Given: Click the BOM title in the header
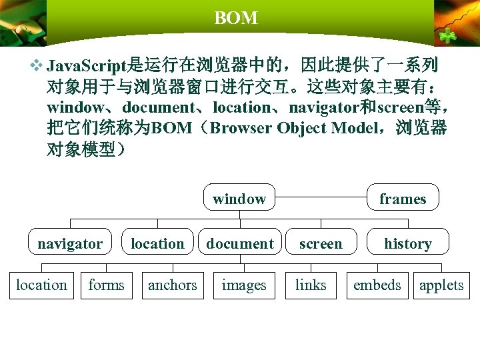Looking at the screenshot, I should pos(236,19).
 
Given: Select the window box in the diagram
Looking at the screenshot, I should pos(239,197).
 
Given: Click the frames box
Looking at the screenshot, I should pos(402,197).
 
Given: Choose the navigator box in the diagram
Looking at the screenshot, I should pos(70,243).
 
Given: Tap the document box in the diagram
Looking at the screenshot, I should pos(239,243).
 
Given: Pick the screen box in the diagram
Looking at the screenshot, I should pos(320,243).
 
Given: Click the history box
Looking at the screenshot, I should pos(407,243).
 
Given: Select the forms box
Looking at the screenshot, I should pos(106,285).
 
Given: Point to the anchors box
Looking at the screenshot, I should pos(172,285).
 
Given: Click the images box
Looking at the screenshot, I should pos(243,285).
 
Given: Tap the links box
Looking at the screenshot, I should pos(311,285).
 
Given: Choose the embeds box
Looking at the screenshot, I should pos(377,285).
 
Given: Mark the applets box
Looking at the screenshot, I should pos(441,285).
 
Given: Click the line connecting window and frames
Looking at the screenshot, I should pos(321,197).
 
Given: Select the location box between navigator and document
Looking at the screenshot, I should pos(157,243).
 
